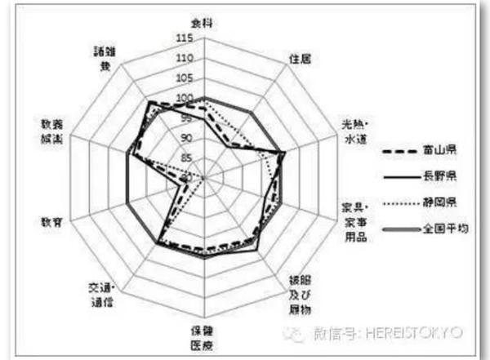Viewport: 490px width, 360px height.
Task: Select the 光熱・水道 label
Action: pyautogui.click(x=356, y=131)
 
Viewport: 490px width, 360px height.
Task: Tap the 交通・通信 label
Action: pyautogui.click(x=101, y=294)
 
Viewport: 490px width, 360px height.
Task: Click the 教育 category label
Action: pyautogui.click(x=51, y=220)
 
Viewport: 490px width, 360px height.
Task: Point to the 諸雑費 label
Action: pyautogui.click(x=105, y=56)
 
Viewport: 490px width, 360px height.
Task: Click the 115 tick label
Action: pyautogui.click(x=185, y=39)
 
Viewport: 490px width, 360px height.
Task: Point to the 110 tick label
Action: pyautogui.click(x=185, y=59)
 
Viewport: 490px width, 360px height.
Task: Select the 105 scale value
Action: pyautogui.click(x=185, y=79)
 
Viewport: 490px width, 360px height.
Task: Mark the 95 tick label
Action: pyautogui.click(x=187, y=118)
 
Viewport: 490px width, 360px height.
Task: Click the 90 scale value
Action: pyautogui.click(x=187, y=138)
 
